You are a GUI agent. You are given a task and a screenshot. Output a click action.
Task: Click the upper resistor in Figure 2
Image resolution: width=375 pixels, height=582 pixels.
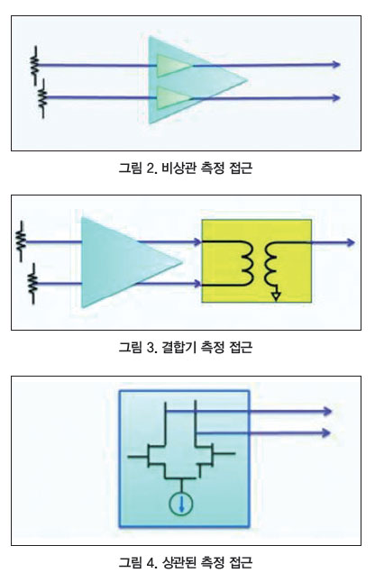tap(35, 66)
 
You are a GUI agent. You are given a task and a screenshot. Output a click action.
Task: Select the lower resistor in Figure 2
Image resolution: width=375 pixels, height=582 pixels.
tap(43, 98)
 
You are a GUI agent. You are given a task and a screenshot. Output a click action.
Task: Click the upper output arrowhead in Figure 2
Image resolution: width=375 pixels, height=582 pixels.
tap(335, 64)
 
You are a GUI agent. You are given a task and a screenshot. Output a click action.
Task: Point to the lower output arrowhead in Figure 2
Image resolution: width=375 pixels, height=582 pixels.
tap(335, 97)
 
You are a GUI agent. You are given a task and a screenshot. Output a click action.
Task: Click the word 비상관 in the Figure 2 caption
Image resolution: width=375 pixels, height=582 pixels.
tap(179, 168)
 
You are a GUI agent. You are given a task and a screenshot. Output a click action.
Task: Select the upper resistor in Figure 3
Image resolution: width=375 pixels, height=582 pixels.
tap(21, 241)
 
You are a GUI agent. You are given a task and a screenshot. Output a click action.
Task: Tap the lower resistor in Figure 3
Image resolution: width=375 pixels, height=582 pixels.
tap(33, 284)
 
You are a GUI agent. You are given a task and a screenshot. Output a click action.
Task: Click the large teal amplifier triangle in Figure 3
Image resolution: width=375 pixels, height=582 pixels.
tap(123, 262)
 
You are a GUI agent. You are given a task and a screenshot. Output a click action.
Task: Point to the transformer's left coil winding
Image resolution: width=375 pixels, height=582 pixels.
tap(248, 264)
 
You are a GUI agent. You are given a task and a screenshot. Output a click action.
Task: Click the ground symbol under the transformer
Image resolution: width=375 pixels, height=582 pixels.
tap(276, 296)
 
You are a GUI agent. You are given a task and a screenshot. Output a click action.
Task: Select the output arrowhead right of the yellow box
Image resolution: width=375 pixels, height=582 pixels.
tap(350, 242)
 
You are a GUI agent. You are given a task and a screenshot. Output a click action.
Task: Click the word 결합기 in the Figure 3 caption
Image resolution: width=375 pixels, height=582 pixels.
tap(179, 347)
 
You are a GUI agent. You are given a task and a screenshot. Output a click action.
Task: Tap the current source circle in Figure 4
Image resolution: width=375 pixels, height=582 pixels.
tap(181, 504)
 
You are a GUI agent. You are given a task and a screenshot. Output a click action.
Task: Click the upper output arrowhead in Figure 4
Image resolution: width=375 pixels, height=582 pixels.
tap(326, 411)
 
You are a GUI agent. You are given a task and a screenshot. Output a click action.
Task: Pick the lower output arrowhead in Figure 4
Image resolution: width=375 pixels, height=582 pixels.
tap(325, 432)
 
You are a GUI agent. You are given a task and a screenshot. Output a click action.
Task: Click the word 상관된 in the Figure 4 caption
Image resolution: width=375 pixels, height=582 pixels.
tap(179, 562)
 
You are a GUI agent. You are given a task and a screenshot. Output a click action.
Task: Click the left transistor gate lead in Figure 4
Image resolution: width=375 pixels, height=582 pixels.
tap(137, 456)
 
